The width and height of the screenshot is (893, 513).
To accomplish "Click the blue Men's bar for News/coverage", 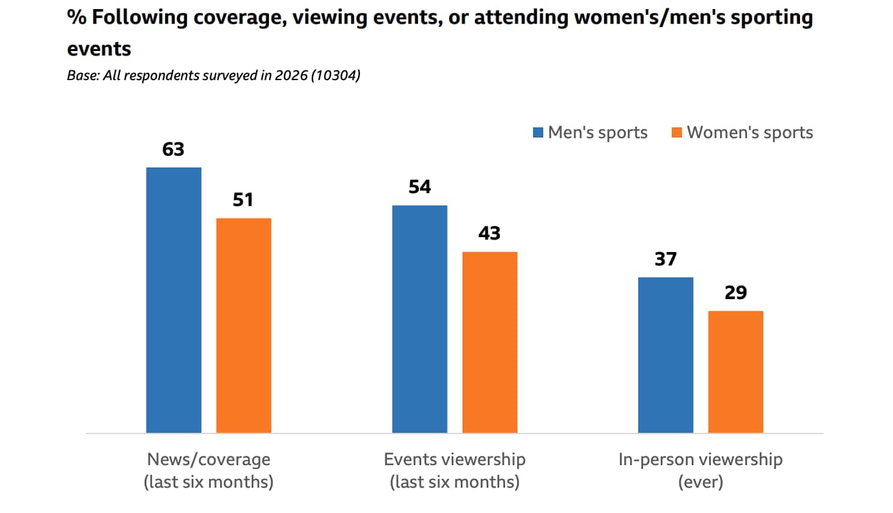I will pyautogui.click(x=174, y=300).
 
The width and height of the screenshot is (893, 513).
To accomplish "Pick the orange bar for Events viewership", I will pyautogui.click(x=490, y=342).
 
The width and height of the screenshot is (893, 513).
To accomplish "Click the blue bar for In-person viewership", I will pyautogui.click(x=665, y=355).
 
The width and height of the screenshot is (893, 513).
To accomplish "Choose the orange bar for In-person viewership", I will pyautogui.click(x=736, y=372).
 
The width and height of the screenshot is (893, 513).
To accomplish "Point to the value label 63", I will pyautogui.click(x=174, y=150).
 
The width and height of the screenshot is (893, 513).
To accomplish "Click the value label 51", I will pyautogui.click(x=243, y=200).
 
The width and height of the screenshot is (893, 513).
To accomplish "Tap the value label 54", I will pyautogui.click(x=419, y=187).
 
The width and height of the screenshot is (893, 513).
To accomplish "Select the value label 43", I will pyautogui.click(x=490, y=234).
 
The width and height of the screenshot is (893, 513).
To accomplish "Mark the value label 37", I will pyautogui.click(x=665, y=260).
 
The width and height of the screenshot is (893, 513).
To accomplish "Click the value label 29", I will pyautogui.click(x=736, y=293).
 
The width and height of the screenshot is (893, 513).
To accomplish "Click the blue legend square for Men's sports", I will pyautogui.click(x=538, y=132).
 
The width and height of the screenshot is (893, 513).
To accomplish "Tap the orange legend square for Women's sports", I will pyautogui.click(x=677, y=132).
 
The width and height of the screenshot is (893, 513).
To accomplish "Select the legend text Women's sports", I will pyautogui.click(x=750, y=132).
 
